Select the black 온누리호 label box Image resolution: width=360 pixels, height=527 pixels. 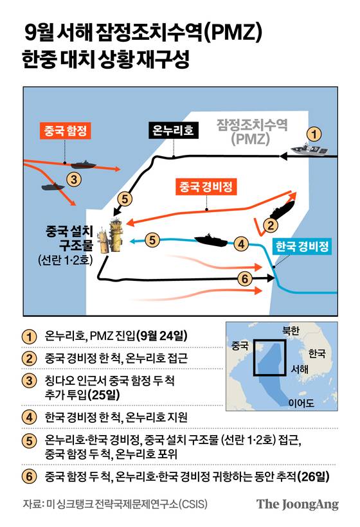(172, 130)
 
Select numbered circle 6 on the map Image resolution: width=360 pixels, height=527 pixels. (244, 279)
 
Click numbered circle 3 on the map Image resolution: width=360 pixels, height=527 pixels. (75, 179)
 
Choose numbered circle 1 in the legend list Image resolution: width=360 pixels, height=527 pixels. (28, 335)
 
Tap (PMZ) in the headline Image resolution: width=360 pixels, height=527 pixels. (236, 31)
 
